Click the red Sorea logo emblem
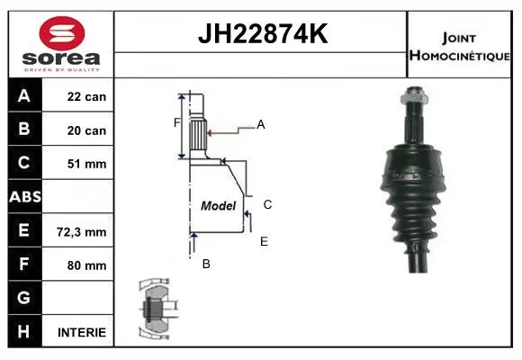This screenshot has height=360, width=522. click(x=62, y=33)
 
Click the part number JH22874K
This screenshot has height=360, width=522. click(x=263, y=33)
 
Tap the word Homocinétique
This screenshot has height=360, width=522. click(x=459, y=56)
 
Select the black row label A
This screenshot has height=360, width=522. click(x=24, y=95)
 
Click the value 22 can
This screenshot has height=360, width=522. click(x=86, y=96)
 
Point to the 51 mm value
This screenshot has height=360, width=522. click(x=87, y=164)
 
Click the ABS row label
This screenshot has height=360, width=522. click(x=25, y=197)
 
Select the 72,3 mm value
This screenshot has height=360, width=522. click(x=82, y=232)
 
